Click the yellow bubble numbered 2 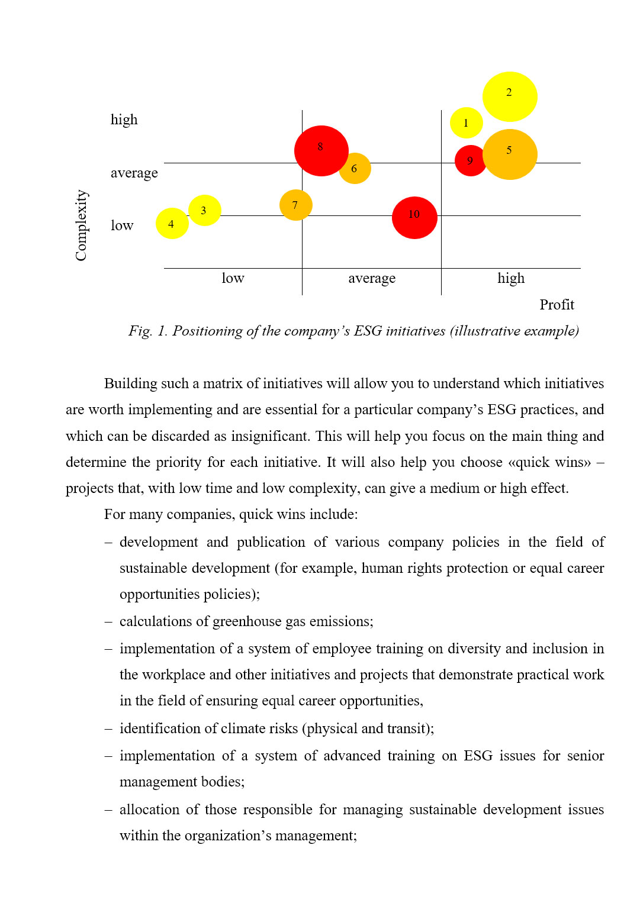tap(510, 96)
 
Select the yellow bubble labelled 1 tap(466, 123)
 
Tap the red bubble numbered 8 tap(321, 151)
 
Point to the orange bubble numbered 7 tap(295, 205)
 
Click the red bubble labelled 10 tap(414, 218)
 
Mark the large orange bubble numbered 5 tap(510, 154)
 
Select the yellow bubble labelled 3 tap(204, 210)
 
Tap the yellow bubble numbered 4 tap(172, 224)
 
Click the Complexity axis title tap(81, 225)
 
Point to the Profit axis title tap(557, 305)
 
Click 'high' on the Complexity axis tap(124, 120)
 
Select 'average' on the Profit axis tap(372, 278)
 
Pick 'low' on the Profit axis tap(233, 278)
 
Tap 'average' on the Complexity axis tap(134, 173)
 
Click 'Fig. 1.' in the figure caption tap(148, 331)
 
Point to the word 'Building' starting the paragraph tap(130, 383)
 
